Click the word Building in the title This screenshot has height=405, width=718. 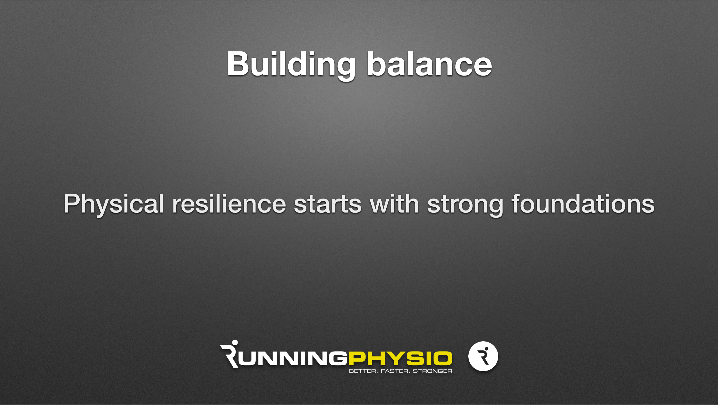pyautogui.click(x=291, y=66)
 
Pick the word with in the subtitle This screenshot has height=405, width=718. pyautogui.click(x=394, y=203)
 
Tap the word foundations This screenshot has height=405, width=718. pyautogui.click(x=583, y=203)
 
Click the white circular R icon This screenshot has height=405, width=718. pyautogui.click(x=483, y=356)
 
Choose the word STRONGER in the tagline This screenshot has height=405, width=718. pyautogui.click(x=432, y=371)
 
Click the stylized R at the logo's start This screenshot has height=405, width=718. pyautogui.click(x=229, y=354)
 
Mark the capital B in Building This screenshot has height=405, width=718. pyautogui.click(x=238, y=64)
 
